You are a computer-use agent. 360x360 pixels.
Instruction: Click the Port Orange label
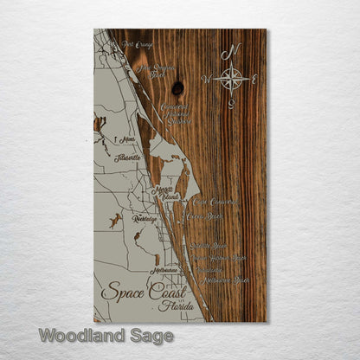[138, 44]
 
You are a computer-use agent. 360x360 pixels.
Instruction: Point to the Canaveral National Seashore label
[176, 112]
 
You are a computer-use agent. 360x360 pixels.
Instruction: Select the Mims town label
[130, 139]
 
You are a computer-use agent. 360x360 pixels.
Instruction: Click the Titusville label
[127, 158]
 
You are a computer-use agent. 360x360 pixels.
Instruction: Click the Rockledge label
[145, 220]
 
